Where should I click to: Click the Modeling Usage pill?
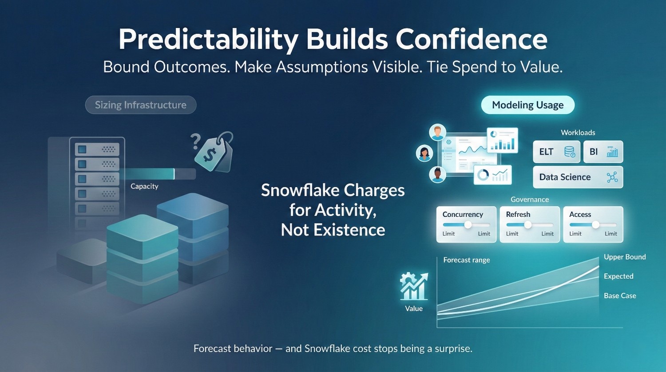coord(528,105)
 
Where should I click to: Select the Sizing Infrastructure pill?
coord(141,105)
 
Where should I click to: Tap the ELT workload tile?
coord(557,152)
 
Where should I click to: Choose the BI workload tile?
coord(603,152)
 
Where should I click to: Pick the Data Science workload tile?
coord(578,177)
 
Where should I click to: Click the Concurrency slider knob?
coord(468,225)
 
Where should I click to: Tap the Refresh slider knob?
coord(528,225)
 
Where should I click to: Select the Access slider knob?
coord(595,225)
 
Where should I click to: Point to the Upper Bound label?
coord(625,257)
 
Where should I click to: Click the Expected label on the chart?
coord(618,276)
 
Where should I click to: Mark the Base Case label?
coord(620,296)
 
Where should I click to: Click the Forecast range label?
coord(467,260)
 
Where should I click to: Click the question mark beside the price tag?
coord(196,141)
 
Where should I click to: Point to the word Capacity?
coord(144,186)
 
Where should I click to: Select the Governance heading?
coord(530,200)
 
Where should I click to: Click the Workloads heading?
coord(578,132)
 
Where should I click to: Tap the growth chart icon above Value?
coord(414,286)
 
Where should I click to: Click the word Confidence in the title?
coord(472,40)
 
